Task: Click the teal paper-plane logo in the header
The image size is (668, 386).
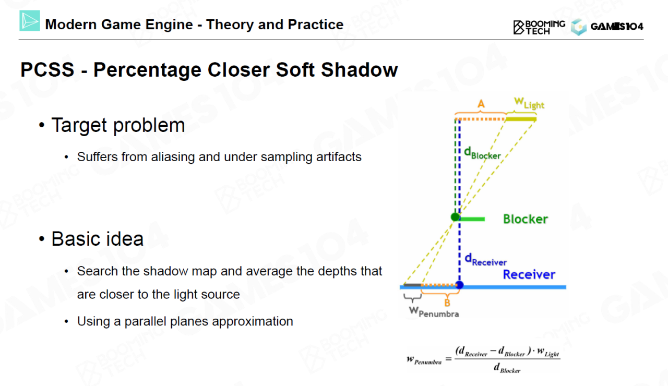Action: pyautogui.click(x=30, y=21)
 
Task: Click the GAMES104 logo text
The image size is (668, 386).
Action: pyautogui.click(x=617, y=27)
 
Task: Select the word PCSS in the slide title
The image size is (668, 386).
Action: pyautogui.click(x=47, y=70)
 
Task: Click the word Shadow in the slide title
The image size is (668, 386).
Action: pyautogui.click(x=360, y=70)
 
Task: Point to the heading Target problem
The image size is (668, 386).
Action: pyautogui.click(x=118, y=125)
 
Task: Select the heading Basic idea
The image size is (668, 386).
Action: pyautogui.click(x=98, y=239)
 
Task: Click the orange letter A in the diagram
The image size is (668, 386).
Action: pyautogui.click(x=481, y=104)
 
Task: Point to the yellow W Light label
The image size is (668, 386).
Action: pyautogui.click(x=529, y=103)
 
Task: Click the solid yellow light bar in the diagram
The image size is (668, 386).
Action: pyautogui.click(x=521, y=119)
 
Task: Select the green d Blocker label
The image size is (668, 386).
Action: pyautogui.click(x=482, y=153)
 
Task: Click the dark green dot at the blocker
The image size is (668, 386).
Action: pyautogui.click(x=455, y=217)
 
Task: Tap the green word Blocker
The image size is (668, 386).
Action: pyautogui.click(x=526, y=219)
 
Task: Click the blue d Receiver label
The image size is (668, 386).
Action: pyautogui.click(x=485, y=259)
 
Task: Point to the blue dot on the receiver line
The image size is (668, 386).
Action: pyautogui.click(x=460, y=285)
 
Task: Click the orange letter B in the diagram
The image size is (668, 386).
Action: pyautogui.click(x=447, y=303)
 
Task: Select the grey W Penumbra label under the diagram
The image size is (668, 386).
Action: pyautogui.click(x=434, y=312)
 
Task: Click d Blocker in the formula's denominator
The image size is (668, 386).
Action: pyautogui.click(x=507, y=368)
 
